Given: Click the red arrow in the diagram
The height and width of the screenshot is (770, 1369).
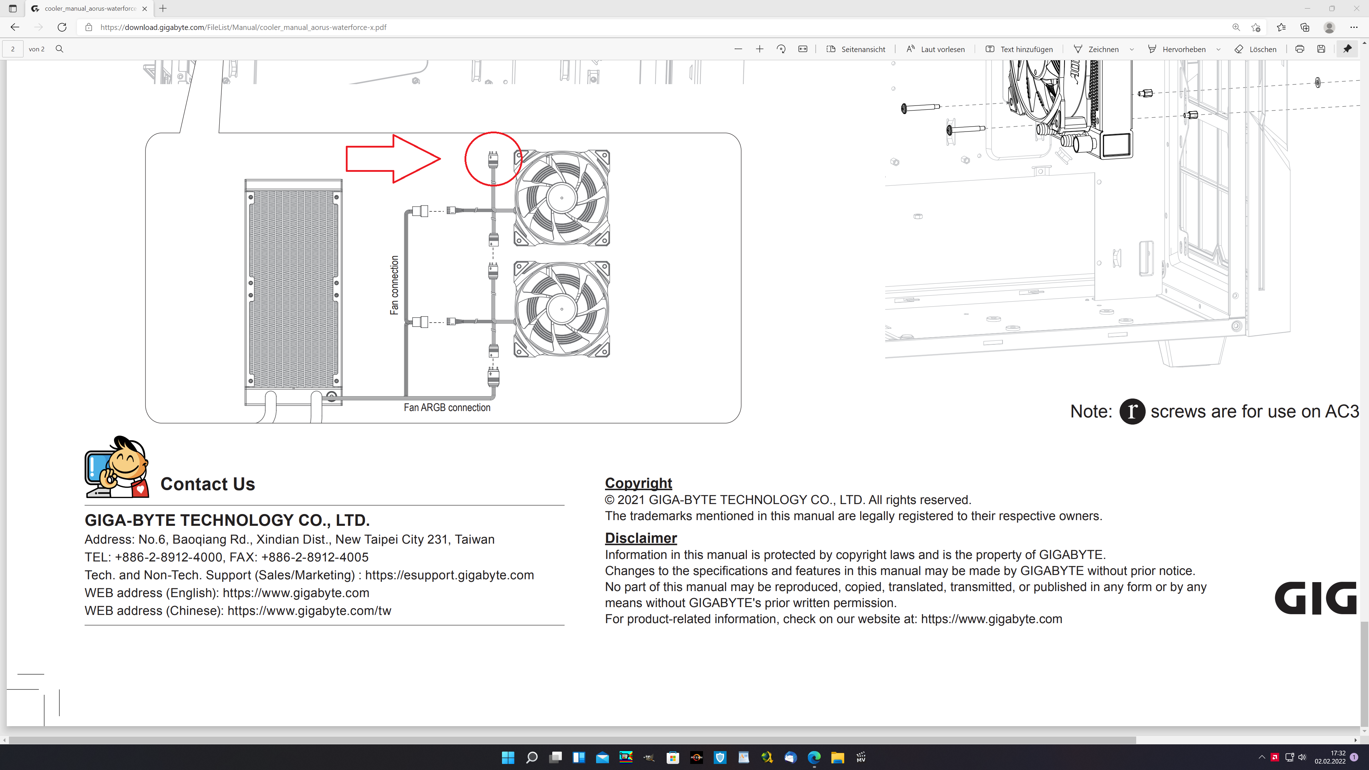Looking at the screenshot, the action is click(x=393, y=158).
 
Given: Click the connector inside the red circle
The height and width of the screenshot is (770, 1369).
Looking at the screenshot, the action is click(x=493, y=159).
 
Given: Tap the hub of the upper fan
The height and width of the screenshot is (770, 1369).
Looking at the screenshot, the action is click(x=562, y=198).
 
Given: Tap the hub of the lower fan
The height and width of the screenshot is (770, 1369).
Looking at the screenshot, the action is click(x=562, y=309).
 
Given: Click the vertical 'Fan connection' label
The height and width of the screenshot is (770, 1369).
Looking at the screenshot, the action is click(x=394, y=285).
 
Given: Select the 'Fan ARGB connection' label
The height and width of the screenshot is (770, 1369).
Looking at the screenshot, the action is click(x=447, y=407).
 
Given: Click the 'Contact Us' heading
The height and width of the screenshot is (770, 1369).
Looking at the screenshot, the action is click(x=208, y=484).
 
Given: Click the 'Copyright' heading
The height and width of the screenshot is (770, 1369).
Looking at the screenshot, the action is click(x=638, y=483).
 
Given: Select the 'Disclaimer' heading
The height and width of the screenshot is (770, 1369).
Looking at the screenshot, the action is click(x=641, y=538).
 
